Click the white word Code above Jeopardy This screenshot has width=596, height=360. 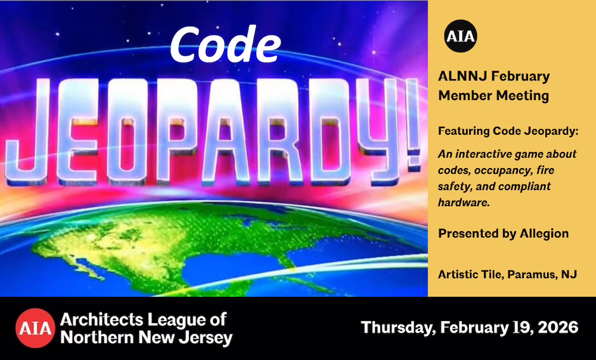(225, 45)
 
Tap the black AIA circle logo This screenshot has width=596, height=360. (460, 36)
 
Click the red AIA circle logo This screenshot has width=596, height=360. (35, 328)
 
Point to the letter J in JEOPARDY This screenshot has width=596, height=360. (27, 131)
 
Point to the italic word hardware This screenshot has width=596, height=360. (464, 203)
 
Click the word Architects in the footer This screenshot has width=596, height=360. (100, 319)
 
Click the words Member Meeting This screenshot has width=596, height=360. (493, 95)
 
